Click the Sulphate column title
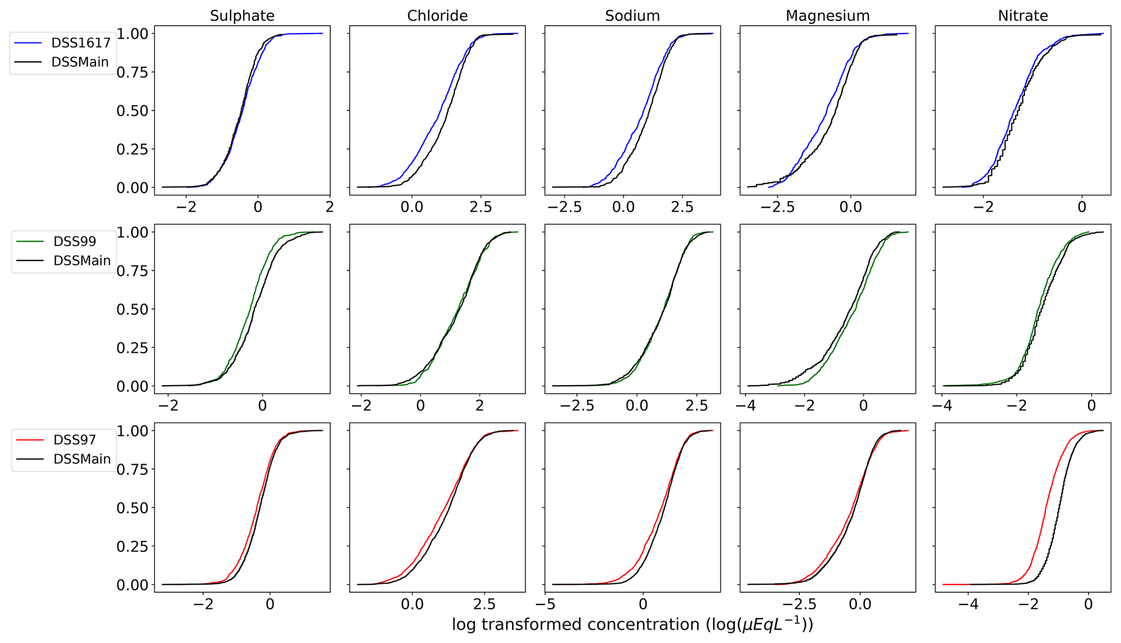click(242, 16)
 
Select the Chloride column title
click(437, 16)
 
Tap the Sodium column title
click(632, 16)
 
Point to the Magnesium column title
click(828, 16)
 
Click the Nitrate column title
click(1023, 16)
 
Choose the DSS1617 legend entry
click(81, 43)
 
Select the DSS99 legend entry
click(75, 241)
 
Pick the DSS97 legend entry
click(75, 440)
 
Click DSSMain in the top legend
click(80, 62)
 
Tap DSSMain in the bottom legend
click(82, 460)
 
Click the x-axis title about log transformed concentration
click(632, 625)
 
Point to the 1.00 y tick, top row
click(132, 34)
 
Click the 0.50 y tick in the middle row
click(132, 309)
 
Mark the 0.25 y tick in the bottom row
click(132, 546)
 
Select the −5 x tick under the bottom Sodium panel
click(545, 604)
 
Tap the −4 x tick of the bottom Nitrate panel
click(968, 604)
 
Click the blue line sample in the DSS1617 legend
click(28, 42)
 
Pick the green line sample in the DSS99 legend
click(30, 241)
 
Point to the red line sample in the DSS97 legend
click(30, 440)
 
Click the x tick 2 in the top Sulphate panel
click(329, 207)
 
